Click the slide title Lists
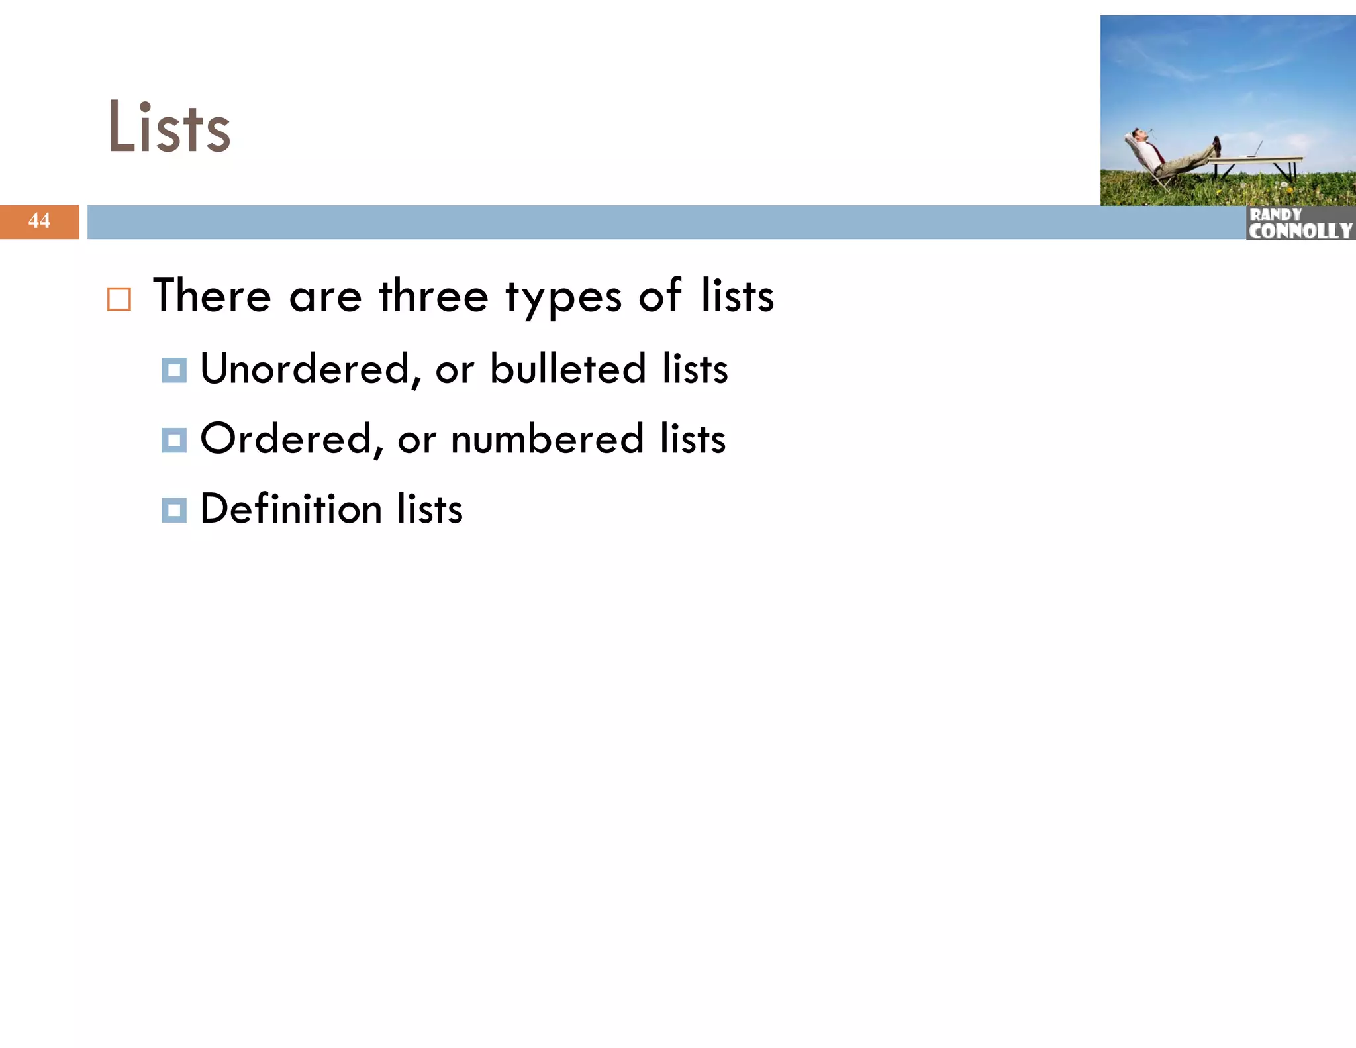point(169,128)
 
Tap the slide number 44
point(39,221)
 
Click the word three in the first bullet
point(433,296)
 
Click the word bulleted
point(567,369)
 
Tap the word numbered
point(547,439)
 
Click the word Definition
point(291,509)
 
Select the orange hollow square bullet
point(119,299)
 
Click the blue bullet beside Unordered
point(174,370)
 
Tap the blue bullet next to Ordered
point(174,440)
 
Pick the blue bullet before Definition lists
point(174,510)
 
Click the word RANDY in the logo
point(1275,215)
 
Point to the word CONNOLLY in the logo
point(1300,231)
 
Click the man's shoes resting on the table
point(1216,145)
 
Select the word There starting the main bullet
point(212,296)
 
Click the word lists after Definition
point(430,509)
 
